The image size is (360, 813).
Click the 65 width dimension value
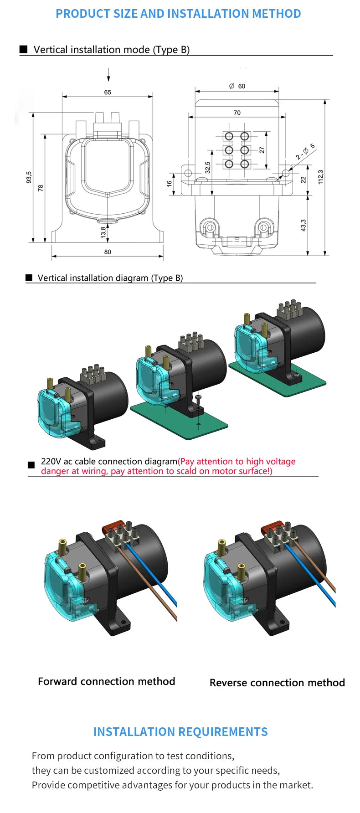pos(108,92)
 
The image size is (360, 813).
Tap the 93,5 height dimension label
pos(29,177)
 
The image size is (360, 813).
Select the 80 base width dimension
pos(108,252)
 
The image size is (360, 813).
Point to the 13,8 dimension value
pos(103,232)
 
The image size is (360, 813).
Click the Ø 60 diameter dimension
pos(237,86)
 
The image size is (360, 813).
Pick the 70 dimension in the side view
pos(237,113)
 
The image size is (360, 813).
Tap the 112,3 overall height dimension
pos(320,177)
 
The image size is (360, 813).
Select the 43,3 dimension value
pos(303,225)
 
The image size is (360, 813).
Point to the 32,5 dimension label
pos(208,167)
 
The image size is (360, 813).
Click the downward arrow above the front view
pos(108,75)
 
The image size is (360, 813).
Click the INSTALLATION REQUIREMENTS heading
pos(180,731)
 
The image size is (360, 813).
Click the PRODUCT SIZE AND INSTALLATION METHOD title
pos(178,14)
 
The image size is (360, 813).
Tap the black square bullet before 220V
pos(31,465)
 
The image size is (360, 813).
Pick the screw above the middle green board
pos(197,398)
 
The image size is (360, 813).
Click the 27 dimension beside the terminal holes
pos(262,150)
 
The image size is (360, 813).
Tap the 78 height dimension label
pos(41,187)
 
